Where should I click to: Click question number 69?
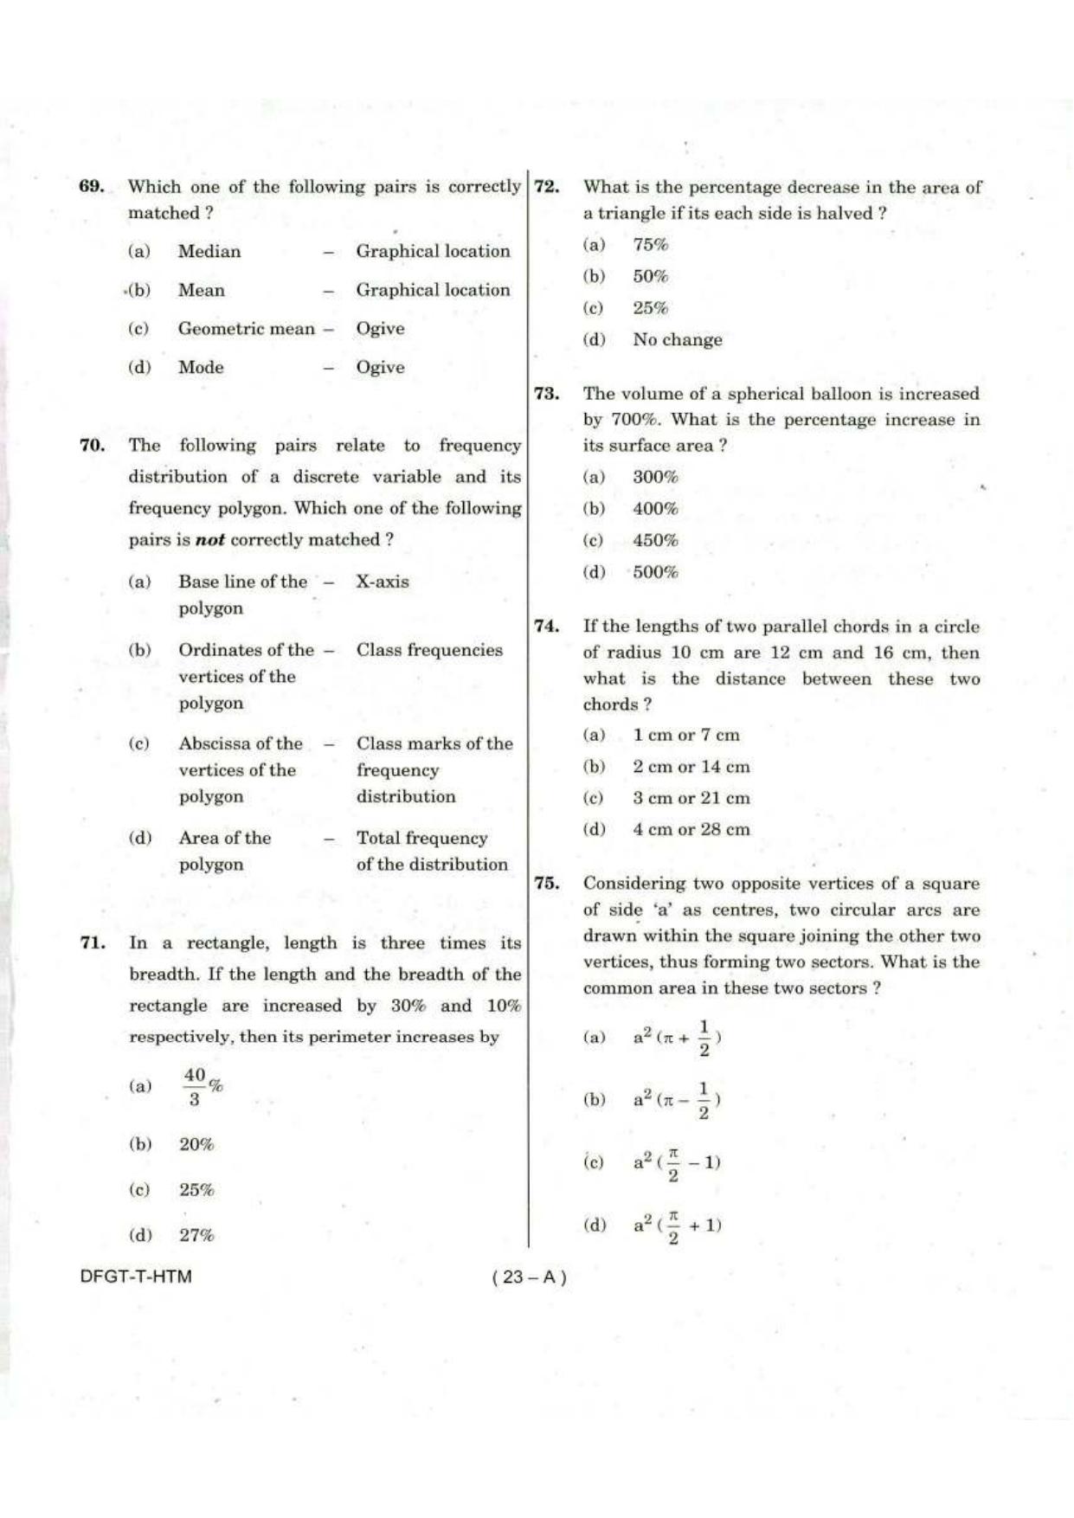tap(92, 186)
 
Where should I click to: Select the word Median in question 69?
tap(209, 251)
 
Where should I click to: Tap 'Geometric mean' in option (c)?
tap(247, 328)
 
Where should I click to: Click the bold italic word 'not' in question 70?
tap(210, 540)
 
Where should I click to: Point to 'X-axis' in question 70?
tap(383, 582)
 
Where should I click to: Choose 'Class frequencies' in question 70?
tap(429, 650)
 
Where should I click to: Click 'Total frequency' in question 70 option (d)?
tap(422, 838)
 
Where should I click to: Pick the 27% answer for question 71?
tap(196, 1236)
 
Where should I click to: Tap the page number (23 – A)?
tap(529, 1277)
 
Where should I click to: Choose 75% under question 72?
tap(650, 245)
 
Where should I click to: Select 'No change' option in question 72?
tap(677, 340)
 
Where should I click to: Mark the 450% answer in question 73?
tap(655, 541)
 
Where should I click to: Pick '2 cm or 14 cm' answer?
tap(691, 767)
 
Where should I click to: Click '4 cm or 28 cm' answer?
tap(691, 829)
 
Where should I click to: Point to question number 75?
tap(546, 884)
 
